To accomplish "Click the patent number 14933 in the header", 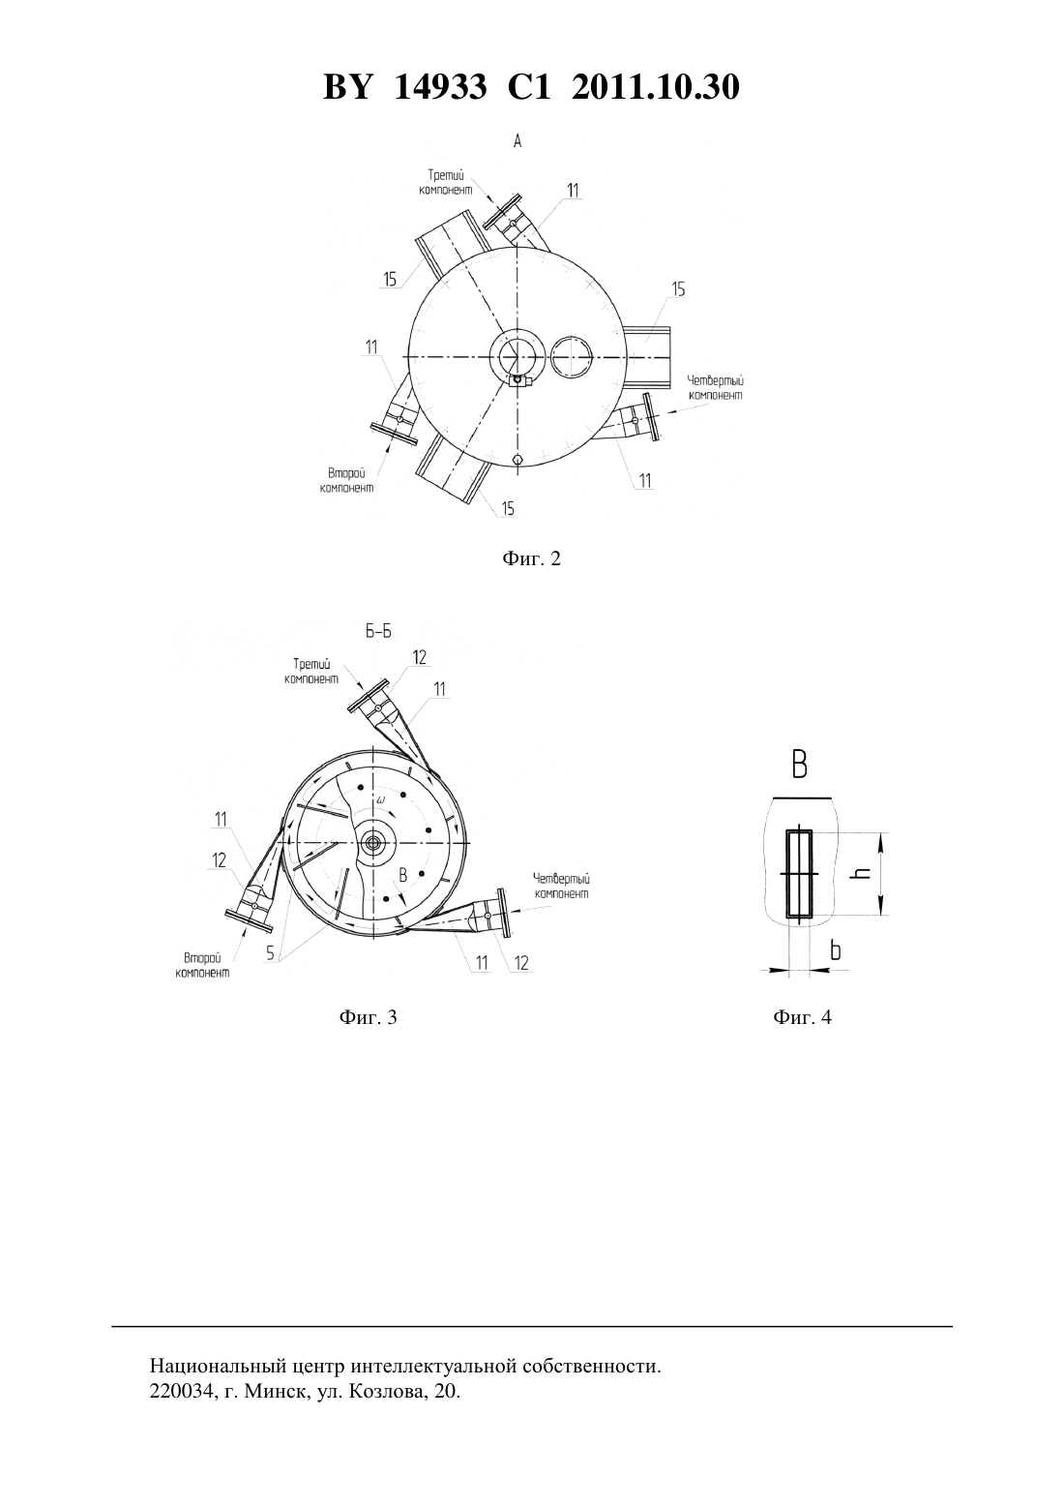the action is tap(440, 87).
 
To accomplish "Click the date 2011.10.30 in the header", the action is tap(655, 87).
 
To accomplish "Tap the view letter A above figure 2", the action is tap(517, 141).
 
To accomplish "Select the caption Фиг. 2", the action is tap(531, 558).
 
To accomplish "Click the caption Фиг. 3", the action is tap(368, 1017).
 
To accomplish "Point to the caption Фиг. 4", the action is tap(802, 1017).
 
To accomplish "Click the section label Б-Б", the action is tap(378, 632).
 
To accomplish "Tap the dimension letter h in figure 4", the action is tap(864, 872).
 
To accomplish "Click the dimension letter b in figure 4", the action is tap(836, 950).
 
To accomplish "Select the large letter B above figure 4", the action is tap(799, 765).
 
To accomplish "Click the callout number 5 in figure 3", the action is tap(270, 952).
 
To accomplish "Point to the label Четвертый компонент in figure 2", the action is tap(716, 389).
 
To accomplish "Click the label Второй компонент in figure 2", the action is tap(346, 481).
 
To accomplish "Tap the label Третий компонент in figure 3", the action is tap(311, 672).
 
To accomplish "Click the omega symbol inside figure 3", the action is tap(381, 800).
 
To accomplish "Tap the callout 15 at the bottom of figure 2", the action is tap(508, 509).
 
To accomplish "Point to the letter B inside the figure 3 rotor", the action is tap(403, 875).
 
